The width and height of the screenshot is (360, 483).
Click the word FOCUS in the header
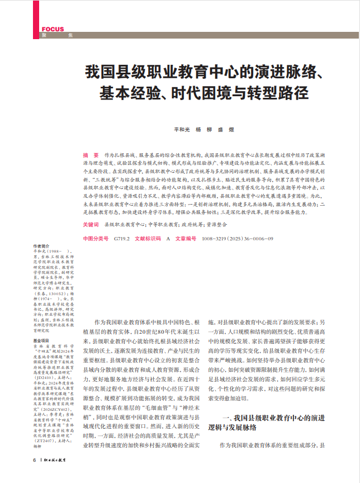[53, 29]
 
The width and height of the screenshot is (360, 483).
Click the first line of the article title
[203, 73]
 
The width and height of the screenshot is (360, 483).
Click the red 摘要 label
[91, 154]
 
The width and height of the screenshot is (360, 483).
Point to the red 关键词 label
[91, 224]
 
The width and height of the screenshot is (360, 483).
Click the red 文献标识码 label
[148, 239]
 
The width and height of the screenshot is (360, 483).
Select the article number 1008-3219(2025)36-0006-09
[238, 239]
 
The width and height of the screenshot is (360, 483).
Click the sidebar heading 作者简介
[41, 247]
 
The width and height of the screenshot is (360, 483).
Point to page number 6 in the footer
[34, 460]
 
